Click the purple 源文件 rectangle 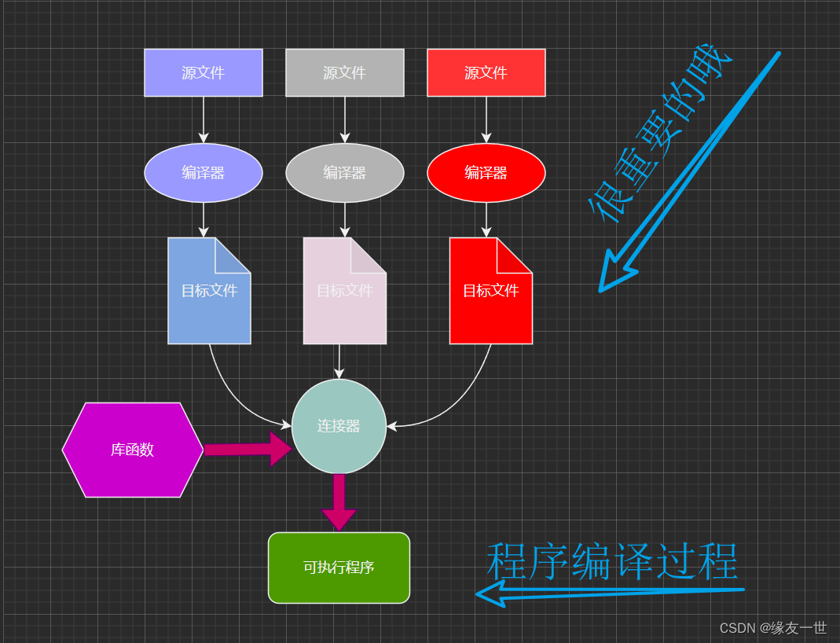click(x=203, y=72)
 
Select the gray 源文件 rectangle click(x=344, y=72)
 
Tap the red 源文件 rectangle click(x=486, y=72)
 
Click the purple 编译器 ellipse click(x=203, y=172)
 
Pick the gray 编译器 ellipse click(x=344, y=172)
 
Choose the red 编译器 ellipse click(x=486, y=172)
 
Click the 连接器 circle click(x=339, y=426)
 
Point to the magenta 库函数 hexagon click(x=132, y=450)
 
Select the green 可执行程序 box click(x=339, y=568)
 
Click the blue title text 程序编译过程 click(x=612, y=561)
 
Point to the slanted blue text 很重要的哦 click(x=660, y=134)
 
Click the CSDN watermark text click(x=773, y=627)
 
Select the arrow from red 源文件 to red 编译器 click(x=486, y=119)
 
